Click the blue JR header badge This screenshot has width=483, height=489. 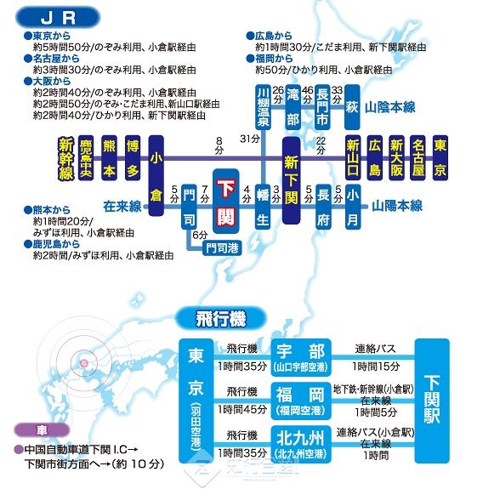(58, 18)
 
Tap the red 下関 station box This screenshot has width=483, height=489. (226, 202)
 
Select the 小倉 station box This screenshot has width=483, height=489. (156, 175)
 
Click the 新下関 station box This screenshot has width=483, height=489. (291, 180)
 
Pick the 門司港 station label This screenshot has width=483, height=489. (222, 248)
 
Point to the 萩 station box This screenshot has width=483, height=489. (352, 107)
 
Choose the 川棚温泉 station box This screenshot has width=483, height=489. (263, 107)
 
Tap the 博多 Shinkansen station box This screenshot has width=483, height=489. (133, 158)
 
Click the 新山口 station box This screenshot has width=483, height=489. (353, 158)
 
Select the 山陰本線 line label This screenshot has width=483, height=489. (390, 107)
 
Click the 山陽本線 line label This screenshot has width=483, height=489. (397, 206)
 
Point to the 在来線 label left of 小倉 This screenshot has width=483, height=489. (122, 207)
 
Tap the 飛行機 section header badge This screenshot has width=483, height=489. (221, 319)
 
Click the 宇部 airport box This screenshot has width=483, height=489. (301, 357)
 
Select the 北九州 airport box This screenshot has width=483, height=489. (301, 444)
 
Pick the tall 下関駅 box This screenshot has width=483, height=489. (432, 401)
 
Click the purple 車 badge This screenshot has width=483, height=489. (42, 430)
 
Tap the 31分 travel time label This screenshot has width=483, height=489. (250, 139)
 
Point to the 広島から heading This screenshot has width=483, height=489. (270, 36)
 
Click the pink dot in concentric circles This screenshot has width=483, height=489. (83, 363)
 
